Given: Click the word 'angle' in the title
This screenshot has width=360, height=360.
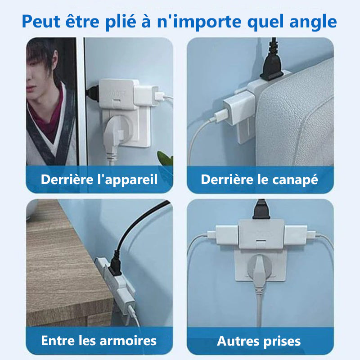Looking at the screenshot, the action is click(313, 22).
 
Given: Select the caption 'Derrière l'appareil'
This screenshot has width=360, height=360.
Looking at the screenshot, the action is click(99, 179).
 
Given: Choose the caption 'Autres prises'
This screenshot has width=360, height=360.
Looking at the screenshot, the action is click(259, 341).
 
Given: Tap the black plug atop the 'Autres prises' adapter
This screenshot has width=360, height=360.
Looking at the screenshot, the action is click(261, 209).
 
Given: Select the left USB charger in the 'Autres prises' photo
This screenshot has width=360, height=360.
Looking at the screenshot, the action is click(227, 234).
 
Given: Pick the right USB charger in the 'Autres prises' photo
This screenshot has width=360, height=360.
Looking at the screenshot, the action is click(296, 234).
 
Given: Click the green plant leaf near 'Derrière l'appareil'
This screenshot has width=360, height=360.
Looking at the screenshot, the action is click(165, 158).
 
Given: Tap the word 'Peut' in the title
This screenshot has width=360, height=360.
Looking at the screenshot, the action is click(41, 22).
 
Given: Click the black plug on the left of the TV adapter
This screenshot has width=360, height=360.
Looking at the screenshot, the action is click(93, 94).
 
